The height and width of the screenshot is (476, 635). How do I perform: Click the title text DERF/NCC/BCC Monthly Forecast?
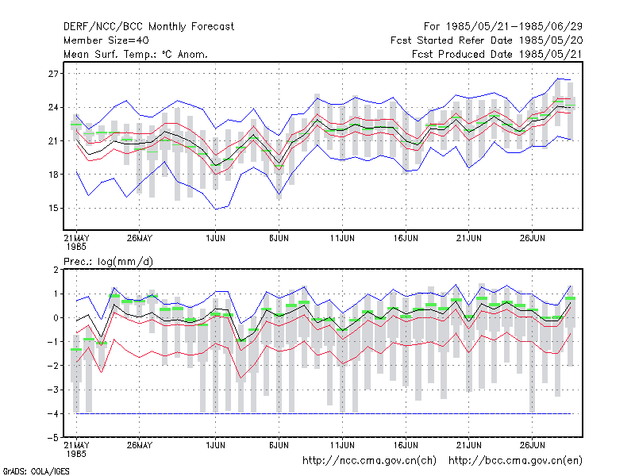click(x=148, y=27)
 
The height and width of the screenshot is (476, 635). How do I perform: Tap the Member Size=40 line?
click(x=106, y=40)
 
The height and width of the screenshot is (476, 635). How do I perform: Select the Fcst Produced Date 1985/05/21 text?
click(x=497, y=54)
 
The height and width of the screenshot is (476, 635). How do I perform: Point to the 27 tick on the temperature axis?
click(x=53, y=74)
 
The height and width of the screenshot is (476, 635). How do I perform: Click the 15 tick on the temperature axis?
click(x=53, y=209)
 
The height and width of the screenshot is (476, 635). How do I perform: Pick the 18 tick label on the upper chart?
click(x=53, y=175)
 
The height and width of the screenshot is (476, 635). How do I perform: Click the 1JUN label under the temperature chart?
click(x=215, y=238)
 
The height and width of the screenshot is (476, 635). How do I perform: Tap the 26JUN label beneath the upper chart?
click(x=532, y=238)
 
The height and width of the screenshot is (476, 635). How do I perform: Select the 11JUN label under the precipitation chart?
click(x=342, y=445)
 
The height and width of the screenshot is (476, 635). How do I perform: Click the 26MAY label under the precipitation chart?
click(x=140, y=445)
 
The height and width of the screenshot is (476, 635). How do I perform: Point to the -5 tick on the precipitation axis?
click(x=52, y=438)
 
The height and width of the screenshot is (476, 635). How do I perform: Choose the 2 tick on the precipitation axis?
click(x=56, y=270)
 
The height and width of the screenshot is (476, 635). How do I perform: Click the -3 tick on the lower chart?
click(x=52, y=390)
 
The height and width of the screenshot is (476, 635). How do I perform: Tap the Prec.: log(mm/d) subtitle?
click(x=108, y=262)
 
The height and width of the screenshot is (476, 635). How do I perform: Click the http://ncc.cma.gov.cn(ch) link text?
click(x=369, y=461)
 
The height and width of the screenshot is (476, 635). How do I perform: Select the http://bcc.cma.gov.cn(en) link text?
click(x=515, y=461)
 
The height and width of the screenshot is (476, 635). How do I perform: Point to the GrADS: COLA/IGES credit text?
click(x=36, y=471)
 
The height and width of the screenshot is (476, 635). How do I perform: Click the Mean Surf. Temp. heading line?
click(x=135, y=54)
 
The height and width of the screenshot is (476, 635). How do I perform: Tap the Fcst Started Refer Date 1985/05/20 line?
click(x=487, y=40)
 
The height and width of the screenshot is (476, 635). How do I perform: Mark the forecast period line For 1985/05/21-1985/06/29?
click(x=503, y=27)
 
